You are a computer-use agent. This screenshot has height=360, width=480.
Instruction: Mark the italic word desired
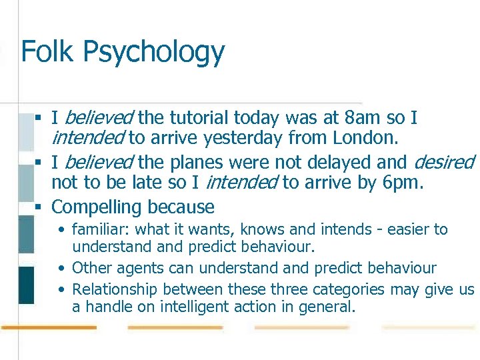click(443, 162)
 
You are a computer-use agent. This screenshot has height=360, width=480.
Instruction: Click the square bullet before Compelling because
click(39, 207)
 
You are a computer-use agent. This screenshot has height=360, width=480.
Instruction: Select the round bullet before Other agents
click(61, 269)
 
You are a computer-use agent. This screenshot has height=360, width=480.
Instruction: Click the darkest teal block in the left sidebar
click(26, 285)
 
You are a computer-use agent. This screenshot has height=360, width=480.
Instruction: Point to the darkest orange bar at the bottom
click(49, 327)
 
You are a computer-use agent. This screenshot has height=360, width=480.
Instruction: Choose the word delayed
click(364, 162)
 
